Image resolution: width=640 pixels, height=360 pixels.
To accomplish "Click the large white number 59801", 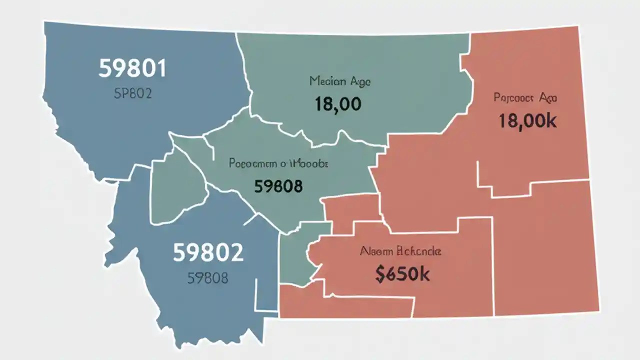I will click(132, 68).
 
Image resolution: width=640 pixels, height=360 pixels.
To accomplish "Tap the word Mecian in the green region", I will click(325, 81).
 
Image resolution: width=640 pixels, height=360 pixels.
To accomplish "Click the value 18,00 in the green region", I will click(338, 104).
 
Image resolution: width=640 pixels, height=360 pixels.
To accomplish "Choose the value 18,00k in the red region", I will click(527, 121).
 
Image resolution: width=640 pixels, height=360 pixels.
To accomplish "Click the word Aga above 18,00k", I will click(548, 97).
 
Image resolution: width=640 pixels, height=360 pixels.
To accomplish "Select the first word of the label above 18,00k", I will click(513, 97).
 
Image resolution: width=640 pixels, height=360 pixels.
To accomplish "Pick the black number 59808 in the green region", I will click(278, 186).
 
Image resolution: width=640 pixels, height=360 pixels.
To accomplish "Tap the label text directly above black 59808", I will click(278, 163).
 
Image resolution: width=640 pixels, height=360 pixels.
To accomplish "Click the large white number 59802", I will click(208, 253).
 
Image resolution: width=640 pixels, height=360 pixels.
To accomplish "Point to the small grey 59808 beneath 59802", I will click(208, 278).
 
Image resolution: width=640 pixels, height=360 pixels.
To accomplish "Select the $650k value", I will click(402, 274).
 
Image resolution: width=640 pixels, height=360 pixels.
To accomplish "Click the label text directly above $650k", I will click(400, 251).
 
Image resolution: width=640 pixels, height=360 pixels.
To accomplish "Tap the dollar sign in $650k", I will click(380, 274).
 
